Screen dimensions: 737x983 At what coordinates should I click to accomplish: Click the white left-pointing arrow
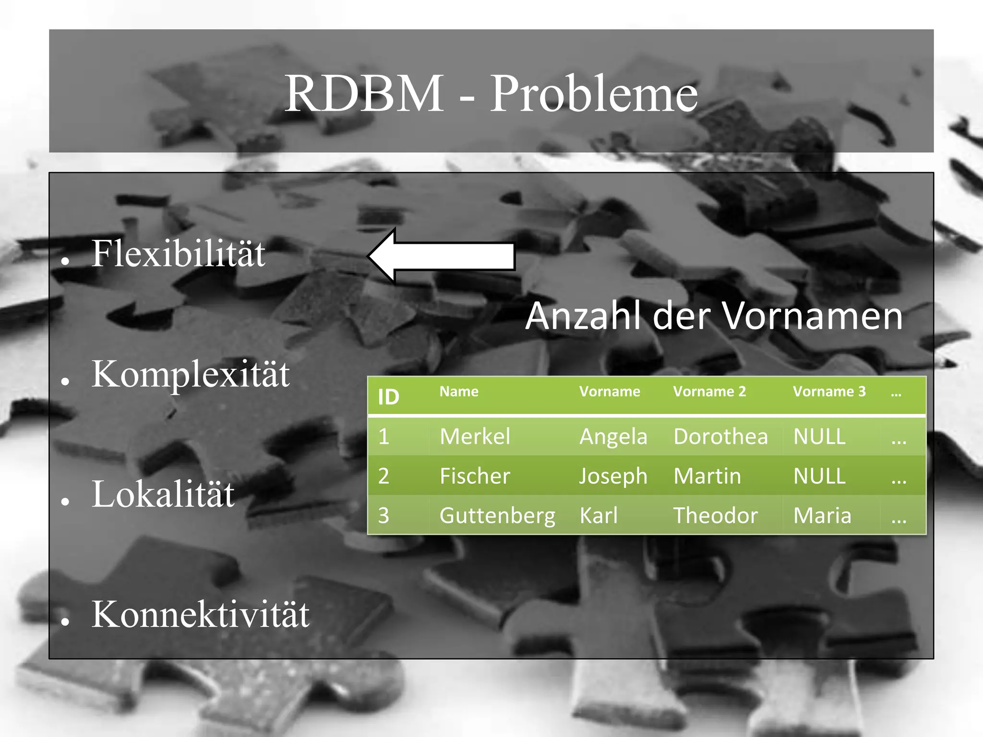[442, 256]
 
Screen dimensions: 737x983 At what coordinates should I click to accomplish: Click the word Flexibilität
[178, 253]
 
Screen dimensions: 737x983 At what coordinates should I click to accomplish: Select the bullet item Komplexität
[191, 374]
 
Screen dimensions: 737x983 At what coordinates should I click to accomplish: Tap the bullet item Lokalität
[163, 494]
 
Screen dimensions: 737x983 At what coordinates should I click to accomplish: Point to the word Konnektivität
[201, 614]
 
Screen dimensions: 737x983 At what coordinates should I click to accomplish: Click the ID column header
[388, 397]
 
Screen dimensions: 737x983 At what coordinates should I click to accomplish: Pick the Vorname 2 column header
[709, 392]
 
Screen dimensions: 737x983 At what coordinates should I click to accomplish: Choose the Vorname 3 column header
[829, 392]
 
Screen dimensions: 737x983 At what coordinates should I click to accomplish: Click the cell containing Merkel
[475, 437]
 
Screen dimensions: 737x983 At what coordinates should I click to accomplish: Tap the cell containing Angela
[613, 437]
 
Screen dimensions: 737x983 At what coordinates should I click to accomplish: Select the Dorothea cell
[720, 437]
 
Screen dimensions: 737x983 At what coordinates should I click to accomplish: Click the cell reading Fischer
[475, 476]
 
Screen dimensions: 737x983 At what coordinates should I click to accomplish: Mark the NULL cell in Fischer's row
[819, 476]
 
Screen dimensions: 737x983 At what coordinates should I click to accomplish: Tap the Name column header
[459, 392]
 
